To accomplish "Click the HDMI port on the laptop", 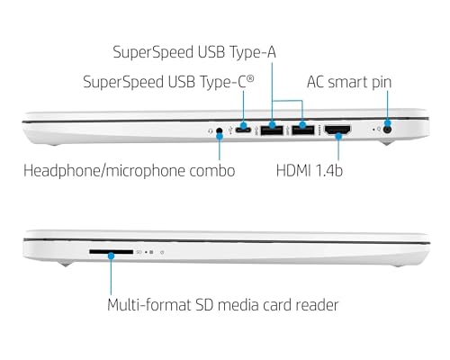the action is point(338,130).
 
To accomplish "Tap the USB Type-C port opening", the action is point(243,130).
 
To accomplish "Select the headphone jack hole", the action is point(220,130).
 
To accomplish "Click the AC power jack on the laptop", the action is point(388,130).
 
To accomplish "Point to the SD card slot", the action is point(111,252).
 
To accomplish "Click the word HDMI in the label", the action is point(293,170).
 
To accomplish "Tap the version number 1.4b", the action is point(329,170).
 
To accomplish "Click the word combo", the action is point(212,171).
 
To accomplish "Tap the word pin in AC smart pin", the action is point(382,83).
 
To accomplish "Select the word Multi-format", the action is point(149,305).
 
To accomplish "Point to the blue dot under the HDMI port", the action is point(338,137).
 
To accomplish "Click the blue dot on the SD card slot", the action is point(111,256).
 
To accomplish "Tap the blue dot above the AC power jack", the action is point(388,123).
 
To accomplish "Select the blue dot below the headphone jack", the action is point(220,136).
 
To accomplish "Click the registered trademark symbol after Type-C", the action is point(250,78).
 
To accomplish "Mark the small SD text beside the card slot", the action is point(139,252).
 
